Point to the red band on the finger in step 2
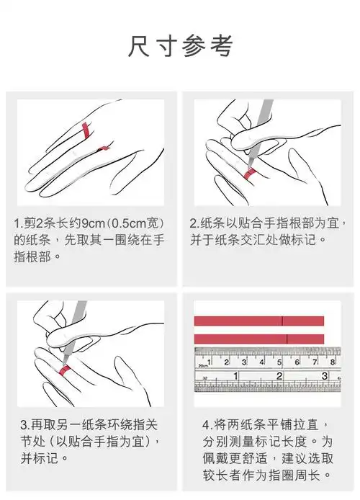[x=249, y=174]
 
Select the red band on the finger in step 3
[x=65, y=370]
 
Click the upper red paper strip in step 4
[x=258, y=321]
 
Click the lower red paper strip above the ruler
[x=258, y=338]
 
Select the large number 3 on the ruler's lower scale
[x=324, y=376]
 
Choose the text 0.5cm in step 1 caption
[x=132, y=223]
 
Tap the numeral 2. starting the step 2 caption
[x=194, y=223]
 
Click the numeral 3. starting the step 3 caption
[x=24, y=423]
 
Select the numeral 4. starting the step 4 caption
[x=207, y=423]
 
